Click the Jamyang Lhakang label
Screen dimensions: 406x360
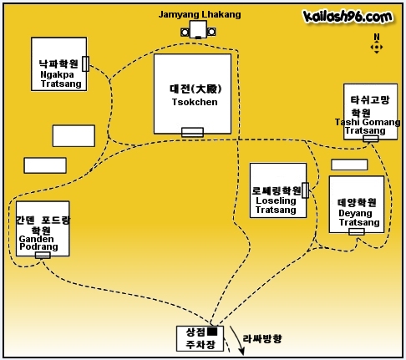[x=200, y=14]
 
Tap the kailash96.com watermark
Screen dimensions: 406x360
[x=348, y=16]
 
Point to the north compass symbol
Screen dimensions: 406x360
[x=377, y=44]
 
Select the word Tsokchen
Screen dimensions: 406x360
[x=195, y=102]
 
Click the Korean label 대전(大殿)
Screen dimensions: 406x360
[x=195, y=89]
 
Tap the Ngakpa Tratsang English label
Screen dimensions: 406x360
[x=61, y=79]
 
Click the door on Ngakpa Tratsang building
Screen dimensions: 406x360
[x=86, y=63]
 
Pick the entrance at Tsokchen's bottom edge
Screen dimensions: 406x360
[x=192, y=132]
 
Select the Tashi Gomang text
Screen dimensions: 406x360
[x=368, y=122]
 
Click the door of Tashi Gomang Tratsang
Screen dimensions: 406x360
[x=371, y=139]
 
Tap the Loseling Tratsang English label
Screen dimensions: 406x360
[x=276, y=205]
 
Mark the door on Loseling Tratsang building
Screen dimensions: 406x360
[x=305, y=190]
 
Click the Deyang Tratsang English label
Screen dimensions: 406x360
[x=359, y=218]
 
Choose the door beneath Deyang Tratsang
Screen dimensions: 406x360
[x=357, y=231]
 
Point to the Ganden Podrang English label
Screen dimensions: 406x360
[x=38, y=243]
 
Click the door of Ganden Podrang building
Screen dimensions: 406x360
[x=43, y=255]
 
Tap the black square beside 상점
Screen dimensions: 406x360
[x=212, y=332]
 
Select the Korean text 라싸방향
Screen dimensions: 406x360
[x=262, y=339]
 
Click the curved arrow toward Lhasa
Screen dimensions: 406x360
[x=237, y=339]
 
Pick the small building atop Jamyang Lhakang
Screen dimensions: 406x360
[x=198, y=29]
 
